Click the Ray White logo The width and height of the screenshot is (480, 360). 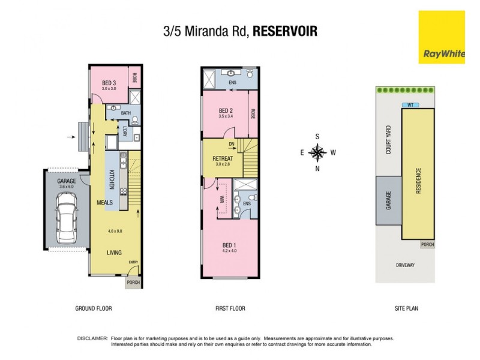pos(443,37)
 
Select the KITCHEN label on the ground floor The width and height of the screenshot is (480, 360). pos(112,180)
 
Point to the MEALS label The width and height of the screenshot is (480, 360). pos(105,203)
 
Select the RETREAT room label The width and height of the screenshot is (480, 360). pos(223,158)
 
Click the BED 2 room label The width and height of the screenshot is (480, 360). pos(226,110)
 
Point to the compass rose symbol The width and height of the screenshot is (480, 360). pos(317,152)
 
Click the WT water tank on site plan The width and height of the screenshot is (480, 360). pos(410,104)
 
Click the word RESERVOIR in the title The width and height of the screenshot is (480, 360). pos(285,31)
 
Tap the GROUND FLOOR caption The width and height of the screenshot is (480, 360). pos(94,308)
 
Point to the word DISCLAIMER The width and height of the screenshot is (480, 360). pos(92,338)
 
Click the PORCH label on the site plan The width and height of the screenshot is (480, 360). pos(427,245)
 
